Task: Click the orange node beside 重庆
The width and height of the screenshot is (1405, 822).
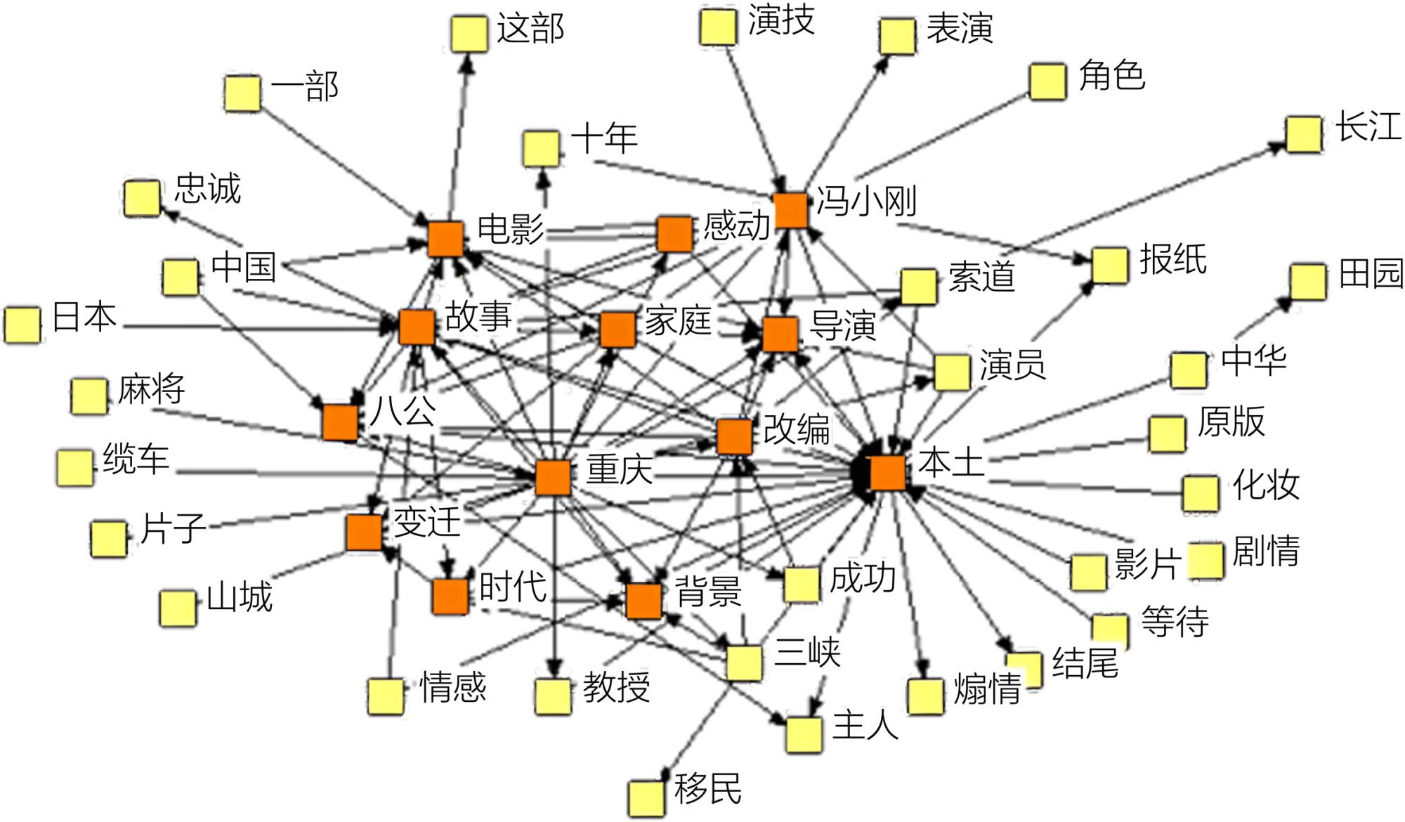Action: click(553, 478)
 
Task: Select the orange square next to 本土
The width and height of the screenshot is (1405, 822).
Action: click(887, 473)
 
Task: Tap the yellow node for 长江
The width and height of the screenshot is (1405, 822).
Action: click(1304, 134)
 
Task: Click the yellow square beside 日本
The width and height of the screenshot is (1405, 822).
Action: click(22, 325)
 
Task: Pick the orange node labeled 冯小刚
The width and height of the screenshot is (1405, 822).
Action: click(791, 210)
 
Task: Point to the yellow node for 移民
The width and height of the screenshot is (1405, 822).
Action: click(646, 798)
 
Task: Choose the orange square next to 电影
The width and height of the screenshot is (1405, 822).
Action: click(445, 239)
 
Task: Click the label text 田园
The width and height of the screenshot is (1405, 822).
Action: click(1370, 273)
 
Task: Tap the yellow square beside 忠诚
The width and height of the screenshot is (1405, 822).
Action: click(142, 198)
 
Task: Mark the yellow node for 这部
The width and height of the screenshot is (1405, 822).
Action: click(469, 34)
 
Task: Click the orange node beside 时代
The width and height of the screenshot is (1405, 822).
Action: click(450, 596)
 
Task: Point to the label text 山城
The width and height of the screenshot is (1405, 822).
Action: click(240, 598)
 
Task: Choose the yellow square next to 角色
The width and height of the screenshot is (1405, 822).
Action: click(1047, 81)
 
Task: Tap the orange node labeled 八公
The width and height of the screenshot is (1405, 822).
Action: click(340, 422)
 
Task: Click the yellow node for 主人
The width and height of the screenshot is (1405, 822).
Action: click(804, 734)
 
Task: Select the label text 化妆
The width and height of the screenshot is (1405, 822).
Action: click(1266, 485)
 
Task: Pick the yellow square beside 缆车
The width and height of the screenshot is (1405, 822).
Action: click(74, 467)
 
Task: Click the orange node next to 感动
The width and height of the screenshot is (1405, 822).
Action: click(675, 234)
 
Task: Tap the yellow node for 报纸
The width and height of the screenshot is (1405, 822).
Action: click(1110, 266)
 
